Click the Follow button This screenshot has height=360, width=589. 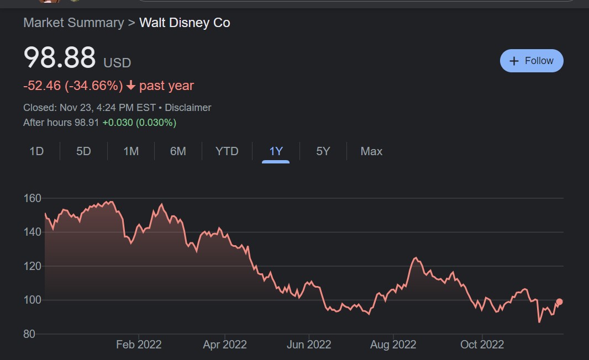[531, 61]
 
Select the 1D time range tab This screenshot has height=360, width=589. [36, 151]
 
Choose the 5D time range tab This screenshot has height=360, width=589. [83, 151]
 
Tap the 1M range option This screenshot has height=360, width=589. [131, 151]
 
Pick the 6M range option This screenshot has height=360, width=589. [178, 151]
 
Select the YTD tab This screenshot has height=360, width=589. [227, 151]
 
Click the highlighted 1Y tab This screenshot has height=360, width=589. [276, 151]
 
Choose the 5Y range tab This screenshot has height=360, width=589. [323, 151]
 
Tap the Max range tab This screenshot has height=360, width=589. [371, 151]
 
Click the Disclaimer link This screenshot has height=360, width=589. [188, 108]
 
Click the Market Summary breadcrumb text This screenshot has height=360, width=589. [73, 23]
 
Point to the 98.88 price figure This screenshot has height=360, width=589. [60, 58]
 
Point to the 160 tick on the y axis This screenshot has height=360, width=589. [33, 198]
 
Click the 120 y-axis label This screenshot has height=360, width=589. [33, 266]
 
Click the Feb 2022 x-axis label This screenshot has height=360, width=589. [139, 345]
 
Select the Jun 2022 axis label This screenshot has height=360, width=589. [309, 345]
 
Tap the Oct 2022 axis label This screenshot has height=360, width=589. [482, 345]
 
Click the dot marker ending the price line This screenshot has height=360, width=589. [559, 302]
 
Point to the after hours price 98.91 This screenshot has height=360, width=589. [87, 123]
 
